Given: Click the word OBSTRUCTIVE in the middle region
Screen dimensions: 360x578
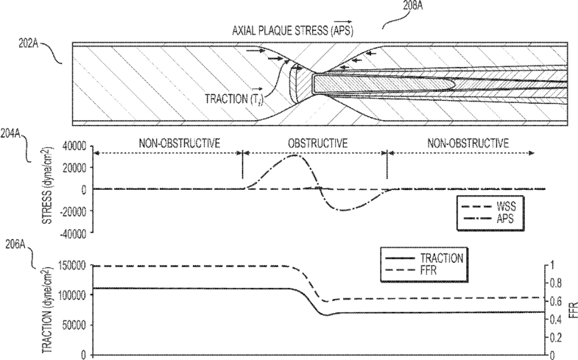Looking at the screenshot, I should (x=314, y=142).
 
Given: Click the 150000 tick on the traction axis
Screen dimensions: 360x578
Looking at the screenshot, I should (x=73, y=265).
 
